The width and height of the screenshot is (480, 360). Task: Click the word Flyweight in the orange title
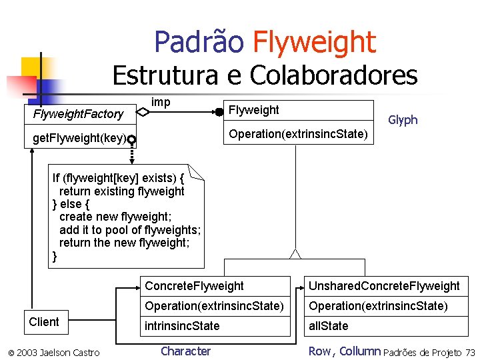tap(314, 42)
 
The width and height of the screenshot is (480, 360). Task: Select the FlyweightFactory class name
tap(78, 114)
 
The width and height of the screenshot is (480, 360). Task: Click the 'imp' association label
tap(161, 102)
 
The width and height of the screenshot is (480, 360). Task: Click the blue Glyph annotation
tap(403, 120)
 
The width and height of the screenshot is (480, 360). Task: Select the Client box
tap(44, 322)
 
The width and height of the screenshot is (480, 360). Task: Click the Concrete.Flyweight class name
tap(194, 286)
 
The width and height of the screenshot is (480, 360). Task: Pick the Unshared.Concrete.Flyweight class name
tap(383, 286)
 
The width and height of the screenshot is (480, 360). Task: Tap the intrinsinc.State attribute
tap(182, 326)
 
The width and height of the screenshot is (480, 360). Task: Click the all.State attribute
tap(328, 326)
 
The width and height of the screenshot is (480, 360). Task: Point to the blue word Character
tap(185, 351)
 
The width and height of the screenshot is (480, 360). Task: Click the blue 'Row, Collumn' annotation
tap(344, 351)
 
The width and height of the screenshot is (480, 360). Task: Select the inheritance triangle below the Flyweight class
tap(295, 253)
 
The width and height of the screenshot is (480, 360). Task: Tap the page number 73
tap(471, 352)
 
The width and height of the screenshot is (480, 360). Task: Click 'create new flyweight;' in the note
tap(115, 217)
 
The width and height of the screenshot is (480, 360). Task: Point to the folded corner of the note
tap(196, 172)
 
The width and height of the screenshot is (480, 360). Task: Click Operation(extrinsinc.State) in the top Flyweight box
tap(298, 134)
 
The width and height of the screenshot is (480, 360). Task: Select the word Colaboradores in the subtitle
tap(333, 75)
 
